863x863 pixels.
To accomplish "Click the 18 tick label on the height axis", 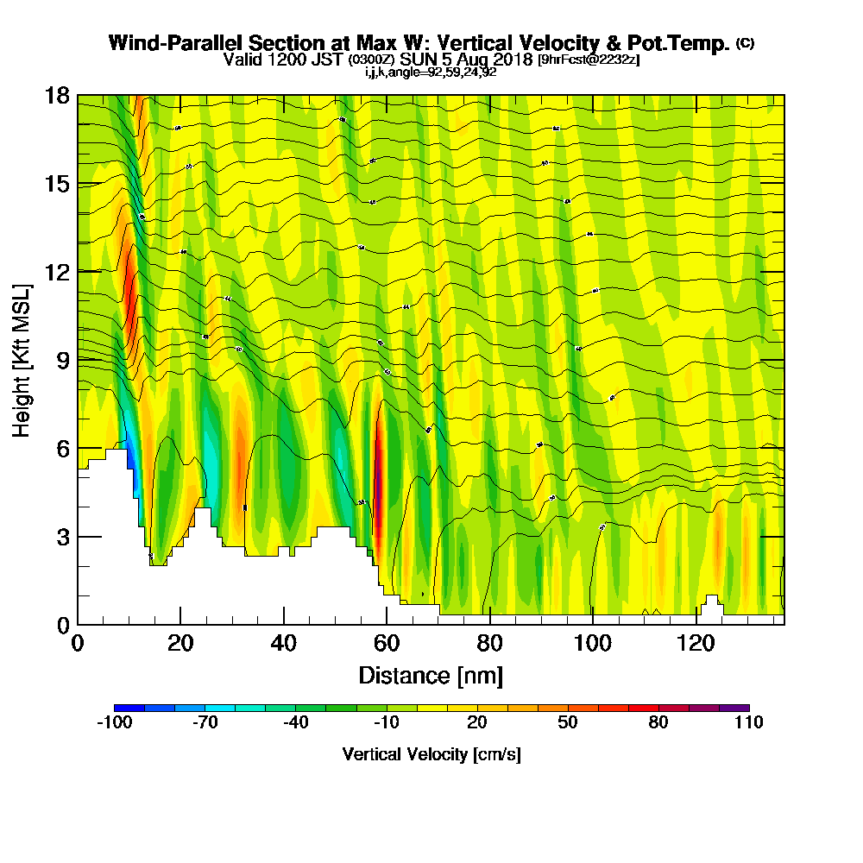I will (57, 95).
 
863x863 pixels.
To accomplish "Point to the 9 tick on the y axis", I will (78, 360).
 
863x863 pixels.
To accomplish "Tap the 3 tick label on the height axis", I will (62, 536).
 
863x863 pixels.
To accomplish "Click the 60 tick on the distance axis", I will (387, 624).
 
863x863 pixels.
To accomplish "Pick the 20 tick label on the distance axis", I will (180, 643).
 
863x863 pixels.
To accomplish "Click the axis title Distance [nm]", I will (431, 675).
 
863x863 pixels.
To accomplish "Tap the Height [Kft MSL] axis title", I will (22, 359).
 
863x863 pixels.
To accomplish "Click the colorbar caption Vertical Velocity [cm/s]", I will (431, 754).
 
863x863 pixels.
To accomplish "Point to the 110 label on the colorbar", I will (748, 723).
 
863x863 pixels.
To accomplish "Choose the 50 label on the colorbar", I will (567, 723).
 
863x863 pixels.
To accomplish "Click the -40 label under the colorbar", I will (295, 723).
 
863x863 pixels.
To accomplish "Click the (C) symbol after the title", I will (745, 42).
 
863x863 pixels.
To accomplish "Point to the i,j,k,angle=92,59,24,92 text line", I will (430, 72).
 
